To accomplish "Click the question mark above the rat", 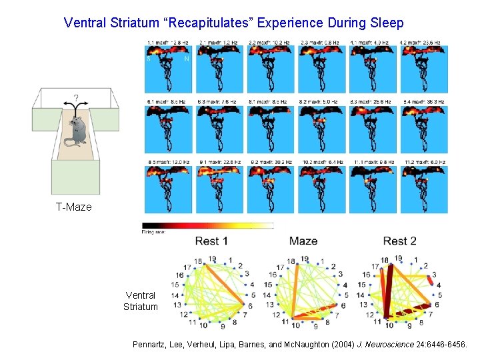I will coord(76,98).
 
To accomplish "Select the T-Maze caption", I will coord(73,207).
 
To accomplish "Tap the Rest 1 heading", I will coord(211,241).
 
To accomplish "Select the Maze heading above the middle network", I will coord(303,241).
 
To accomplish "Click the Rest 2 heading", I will coord(400,241).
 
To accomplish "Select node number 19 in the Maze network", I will coord(305,259).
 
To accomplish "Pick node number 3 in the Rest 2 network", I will coord(435,274).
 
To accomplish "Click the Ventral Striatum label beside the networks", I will coord(141,301).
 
